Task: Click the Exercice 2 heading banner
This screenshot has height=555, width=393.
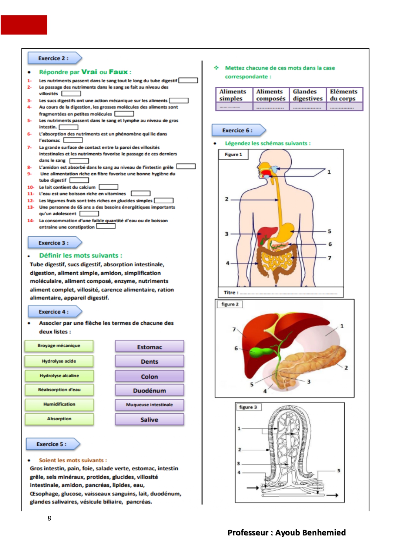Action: [55, 58]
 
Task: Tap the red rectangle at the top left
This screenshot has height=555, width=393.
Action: [24, 25]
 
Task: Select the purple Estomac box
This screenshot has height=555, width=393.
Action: [149, 347]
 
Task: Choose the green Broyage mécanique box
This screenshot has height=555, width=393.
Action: [59, 346]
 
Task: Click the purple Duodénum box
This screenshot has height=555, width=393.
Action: [149, 391]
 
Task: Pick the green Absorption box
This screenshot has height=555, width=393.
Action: [59, 419]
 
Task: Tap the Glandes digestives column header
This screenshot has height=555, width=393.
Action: [307, 95]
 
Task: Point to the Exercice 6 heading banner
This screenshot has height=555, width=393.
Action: [239, 130]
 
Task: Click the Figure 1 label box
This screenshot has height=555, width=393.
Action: [233, 154]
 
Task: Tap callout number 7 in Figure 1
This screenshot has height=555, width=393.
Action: [330, 258]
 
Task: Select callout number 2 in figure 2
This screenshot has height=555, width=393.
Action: [346, 368]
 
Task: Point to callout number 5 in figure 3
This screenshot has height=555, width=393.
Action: [339, 471]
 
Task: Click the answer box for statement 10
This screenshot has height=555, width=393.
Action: [109, 187]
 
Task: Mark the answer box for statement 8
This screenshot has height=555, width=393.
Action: [186, 166]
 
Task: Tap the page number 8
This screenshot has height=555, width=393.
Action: [49, 518]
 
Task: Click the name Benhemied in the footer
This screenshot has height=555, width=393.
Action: [324, 533]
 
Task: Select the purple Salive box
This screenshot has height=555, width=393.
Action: [149, 420]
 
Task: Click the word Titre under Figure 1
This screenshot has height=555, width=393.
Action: [230, 293]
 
